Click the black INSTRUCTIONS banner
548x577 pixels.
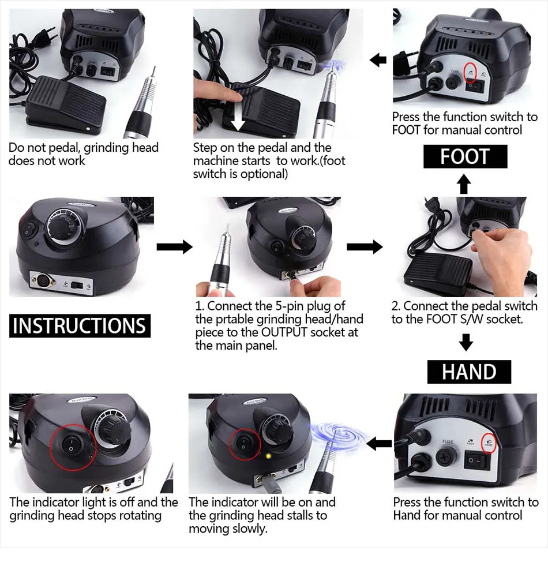pyautogui.click(x=80, y=325)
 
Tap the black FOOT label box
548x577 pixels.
pyautogui.click(x=466, y=156)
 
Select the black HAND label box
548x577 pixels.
pyautogui.click(x=469, y=372)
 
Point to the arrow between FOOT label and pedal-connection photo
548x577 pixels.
pyautogui.click(x=464, y=183)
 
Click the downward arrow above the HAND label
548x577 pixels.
pyautogui.click(x=466, y=342)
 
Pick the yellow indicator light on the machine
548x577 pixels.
pyautogui.click(x=268, y=456)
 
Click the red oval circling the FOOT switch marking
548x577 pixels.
pyautogui.click(x=470, y=73)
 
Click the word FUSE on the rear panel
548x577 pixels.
pyautogui.click(x=448, y=441)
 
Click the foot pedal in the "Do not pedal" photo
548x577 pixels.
pyautogui.click(x=65, y=104)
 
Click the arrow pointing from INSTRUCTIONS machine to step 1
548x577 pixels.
pyautogui.click(x=174, y=246)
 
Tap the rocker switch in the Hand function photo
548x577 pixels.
pyautogui.click(x=477, y=461)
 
